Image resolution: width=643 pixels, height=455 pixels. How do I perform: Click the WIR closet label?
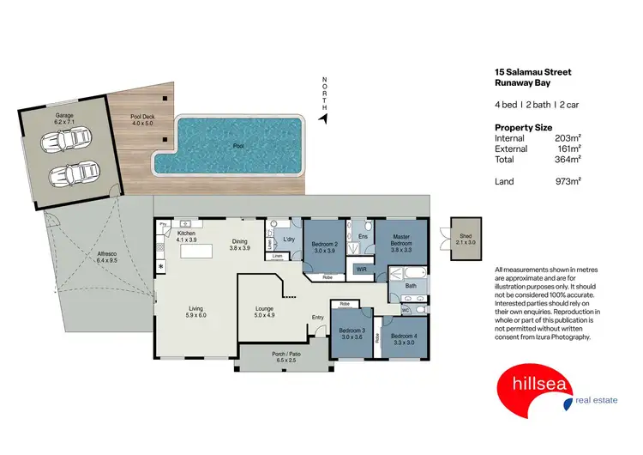tap(360, 270)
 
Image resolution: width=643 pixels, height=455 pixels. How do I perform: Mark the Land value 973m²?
tap(568, 181)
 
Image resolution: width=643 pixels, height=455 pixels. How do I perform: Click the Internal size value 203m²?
tap(568, 138)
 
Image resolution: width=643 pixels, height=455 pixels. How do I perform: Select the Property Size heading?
tap(524, 127)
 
